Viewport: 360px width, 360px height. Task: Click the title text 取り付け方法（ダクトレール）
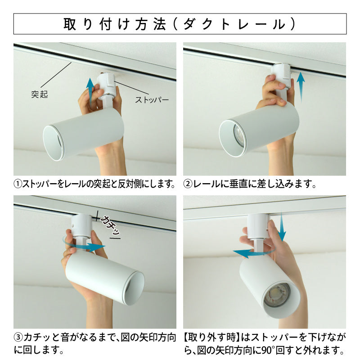click(179, 24)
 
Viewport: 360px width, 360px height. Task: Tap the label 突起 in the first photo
click(40, 94)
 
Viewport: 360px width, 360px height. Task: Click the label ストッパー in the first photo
click(152, 100)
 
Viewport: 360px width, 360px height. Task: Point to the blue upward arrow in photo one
click(91, 92)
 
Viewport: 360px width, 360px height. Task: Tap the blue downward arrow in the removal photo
click(282, 226)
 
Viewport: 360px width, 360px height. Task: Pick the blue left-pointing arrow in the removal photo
click(252, 252)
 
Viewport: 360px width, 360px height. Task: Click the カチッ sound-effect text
click(110, 225)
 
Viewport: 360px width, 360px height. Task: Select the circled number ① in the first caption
click(18, 184)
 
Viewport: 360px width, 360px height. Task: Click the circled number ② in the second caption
click(188, 184)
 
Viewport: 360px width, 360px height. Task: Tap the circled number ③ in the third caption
click(18, 337)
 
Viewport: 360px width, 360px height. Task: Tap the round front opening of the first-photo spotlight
click(54, 143)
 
